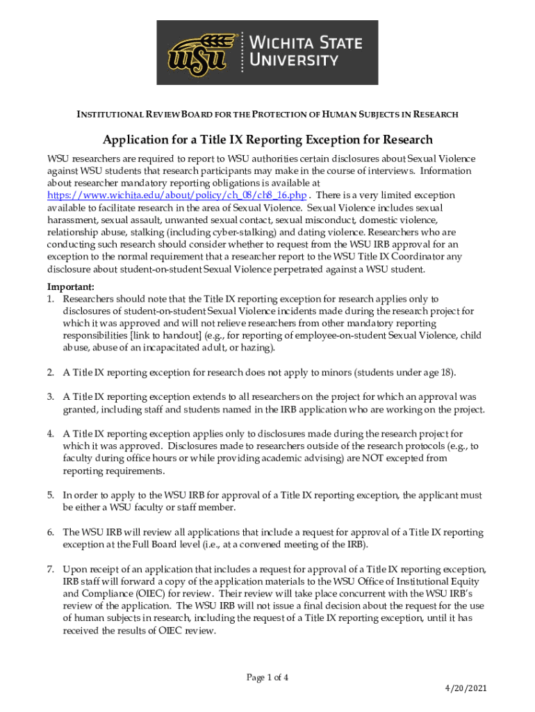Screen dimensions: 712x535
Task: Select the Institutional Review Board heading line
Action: coord(267,113)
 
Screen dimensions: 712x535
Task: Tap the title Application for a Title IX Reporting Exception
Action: coord(267,140)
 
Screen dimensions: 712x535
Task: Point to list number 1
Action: coord(51,299)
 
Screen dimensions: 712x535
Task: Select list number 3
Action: coord(51,396)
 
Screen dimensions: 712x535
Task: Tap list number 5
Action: coord(51,495)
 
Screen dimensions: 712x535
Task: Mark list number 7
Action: coord(51,569)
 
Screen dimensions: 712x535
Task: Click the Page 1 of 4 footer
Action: coord(267,677)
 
